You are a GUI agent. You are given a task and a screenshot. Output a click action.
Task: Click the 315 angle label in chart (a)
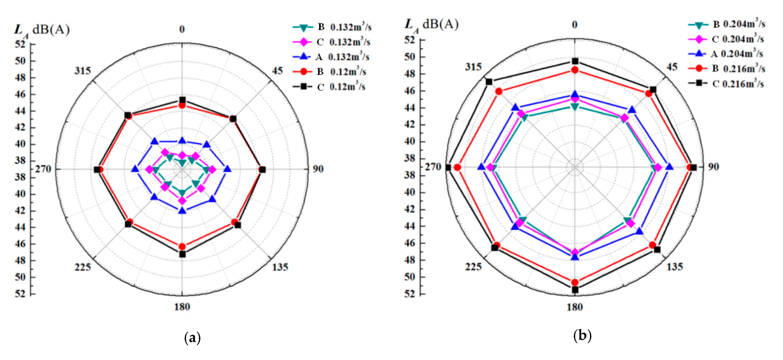pos(83,71)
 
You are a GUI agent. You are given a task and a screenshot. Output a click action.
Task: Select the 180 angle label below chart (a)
pos(182,307)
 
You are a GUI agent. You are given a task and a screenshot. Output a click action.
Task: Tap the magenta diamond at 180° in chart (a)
pos(182,201)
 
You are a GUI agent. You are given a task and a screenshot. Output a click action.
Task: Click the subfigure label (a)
pos(192,338)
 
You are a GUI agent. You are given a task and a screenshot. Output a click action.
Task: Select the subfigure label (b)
pos(582,336)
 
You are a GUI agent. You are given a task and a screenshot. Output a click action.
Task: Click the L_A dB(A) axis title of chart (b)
pos(432,24)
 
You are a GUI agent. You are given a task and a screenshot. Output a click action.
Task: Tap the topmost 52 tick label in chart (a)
pos(20,44)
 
